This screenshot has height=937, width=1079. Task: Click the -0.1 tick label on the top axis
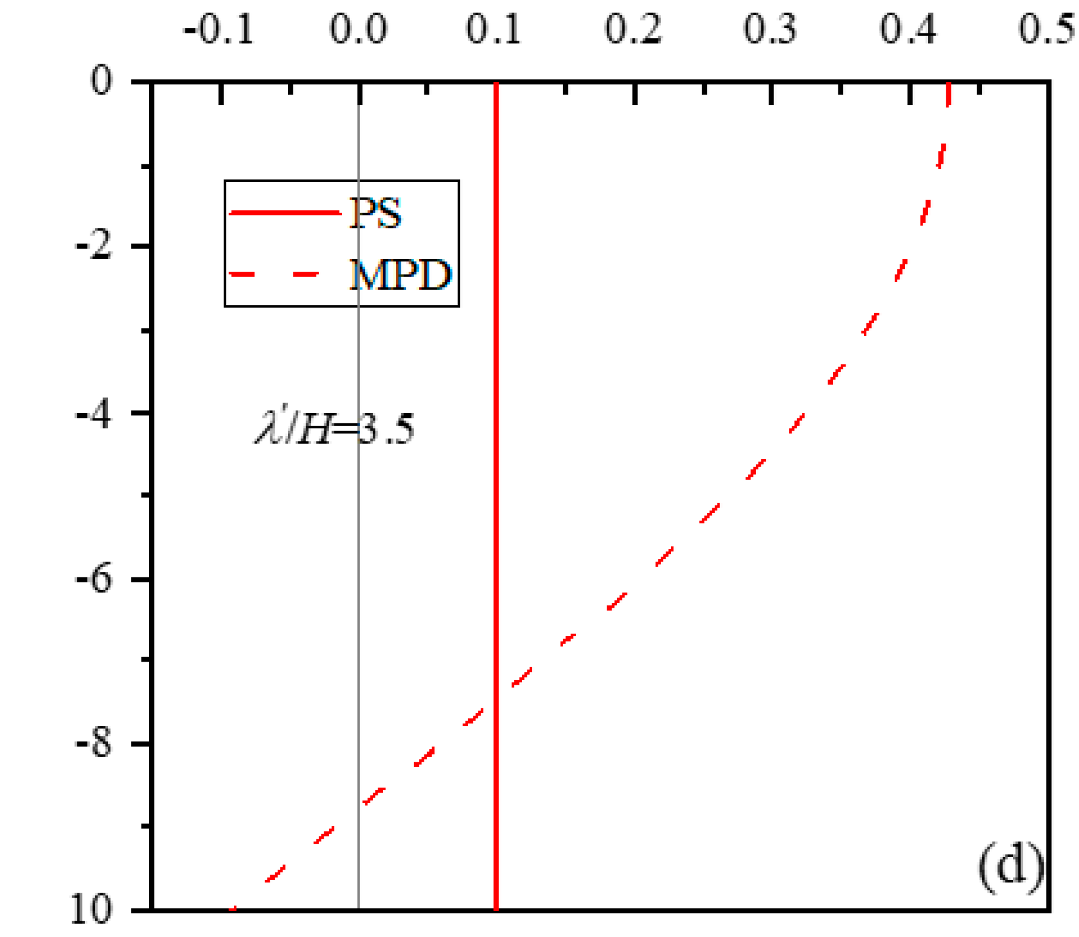tap(219, 29)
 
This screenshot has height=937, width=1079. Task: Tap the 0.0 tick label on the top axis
tap(358, 29)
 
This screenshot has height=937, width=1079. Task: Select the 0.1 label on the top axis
tap(493, 29)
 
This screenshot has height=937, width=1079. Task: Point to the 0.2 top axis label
tap(633, 29)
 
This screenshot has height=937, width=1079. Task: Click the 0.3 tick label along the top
tap(770, 29)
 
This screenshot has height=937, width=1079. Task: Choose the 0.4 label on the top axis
tap(908, 29)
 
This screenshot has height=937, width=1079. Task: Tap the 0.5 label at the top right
tap(1046, 29)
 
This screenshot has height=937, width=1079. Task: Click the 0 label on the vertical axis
tap(102, 80)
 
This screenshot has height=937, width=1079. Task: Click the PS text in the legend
tap(375, 213)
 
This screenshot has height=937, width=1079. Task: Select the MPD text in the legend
tap(400, 275)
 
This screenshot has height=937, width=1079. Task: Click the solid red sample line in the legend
tap(285, 212)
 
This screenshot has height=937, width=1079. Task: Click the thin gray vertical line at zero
tap(359, 606)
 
